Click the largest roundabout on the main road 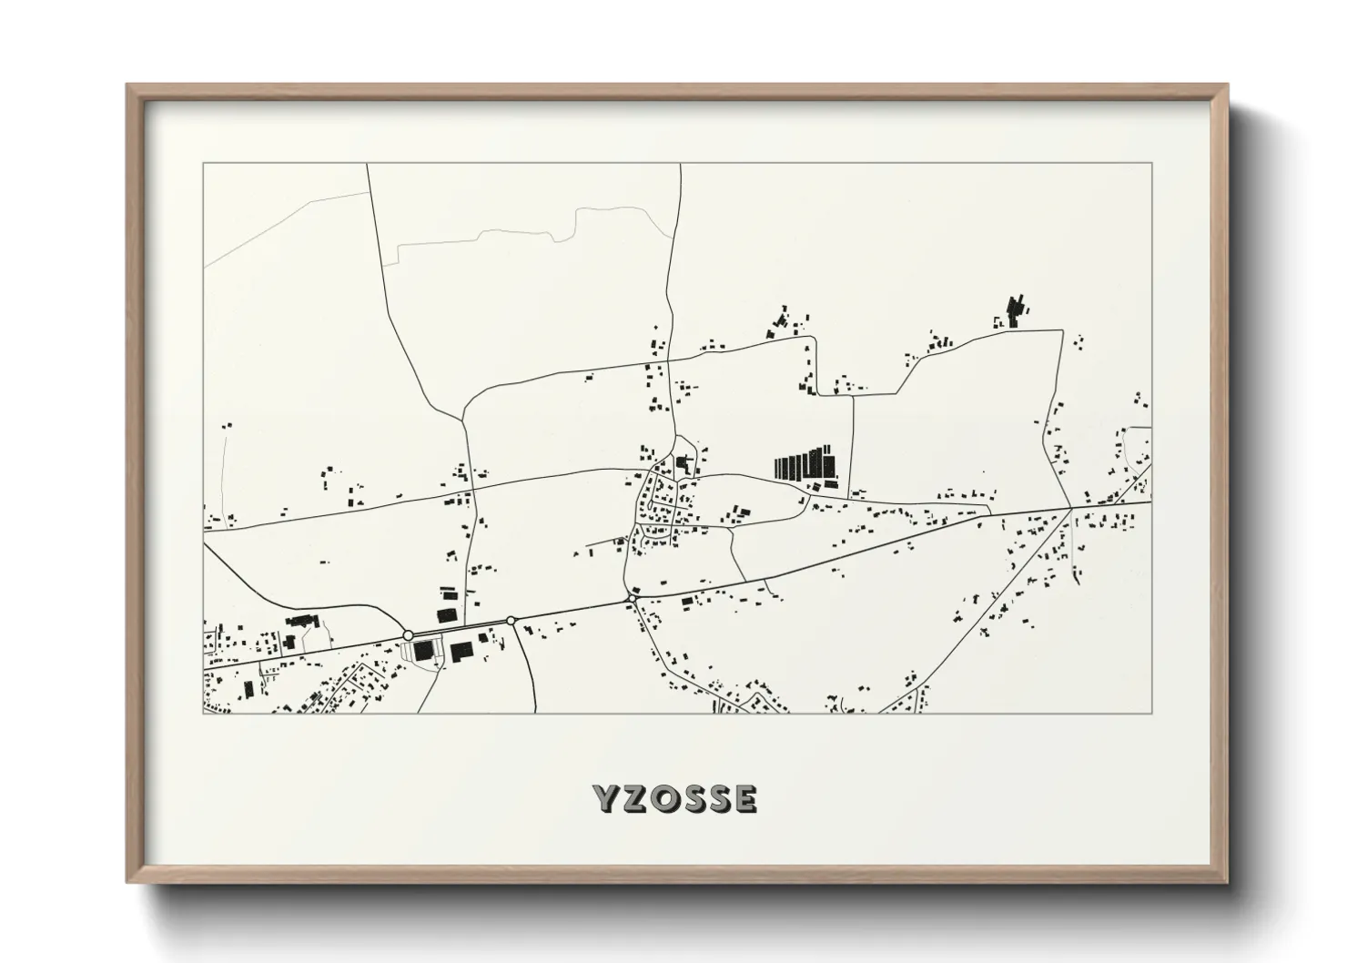click(408, 634)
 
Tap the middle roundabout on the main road click(511, 620)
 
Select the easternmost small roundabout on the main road click(632, 599)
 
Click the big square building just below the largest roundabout click(423, 652)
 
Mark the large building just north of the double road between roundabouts click(448, 614)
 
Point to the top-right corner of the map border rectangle click(1151, 163)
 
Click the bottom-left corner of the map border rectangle click(204, 713)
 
